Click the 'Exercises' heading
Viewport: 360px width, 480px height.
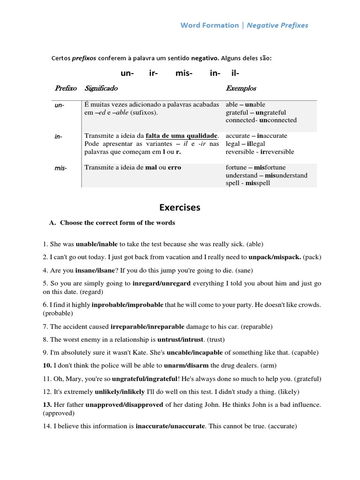pyautogui.click(x=180, y=207)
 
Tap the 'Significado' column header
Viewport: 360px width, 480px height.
pyautogui.click(x=101, y=88)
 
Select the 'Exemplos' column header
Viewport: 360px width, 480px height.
pyautogui.click(x=241, y=88)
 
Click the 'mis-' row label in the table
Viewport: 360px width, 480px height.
pyautogui.click(x=60, y=168)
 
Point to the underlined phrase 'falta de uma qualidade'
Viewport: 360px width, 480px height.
pyautogui.click(x=182, y=136)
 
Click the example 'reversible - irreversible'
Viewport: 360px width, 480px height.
pyautogui.click(x=260, y=152)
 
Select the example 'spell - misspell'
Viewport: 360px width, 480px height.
pyautogui.click(x=247, y=183)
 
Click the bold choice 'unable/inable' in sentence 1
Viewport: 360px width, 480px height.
pyautogui.click(x=97, y=244)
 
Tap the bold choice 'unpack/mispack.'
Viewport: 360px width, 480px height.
pyautogui.click(x=275, y=257)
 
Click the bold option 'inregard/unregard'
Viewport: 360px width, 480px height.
pyautogui.click(x=161, y=284)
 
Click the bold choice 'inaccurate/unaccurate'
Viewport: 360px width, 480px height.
pyautogui.click(x=170, y=427)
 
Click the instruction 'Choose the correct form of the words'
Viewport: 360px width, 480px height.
pyautogui.click(x=117, y=223)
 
